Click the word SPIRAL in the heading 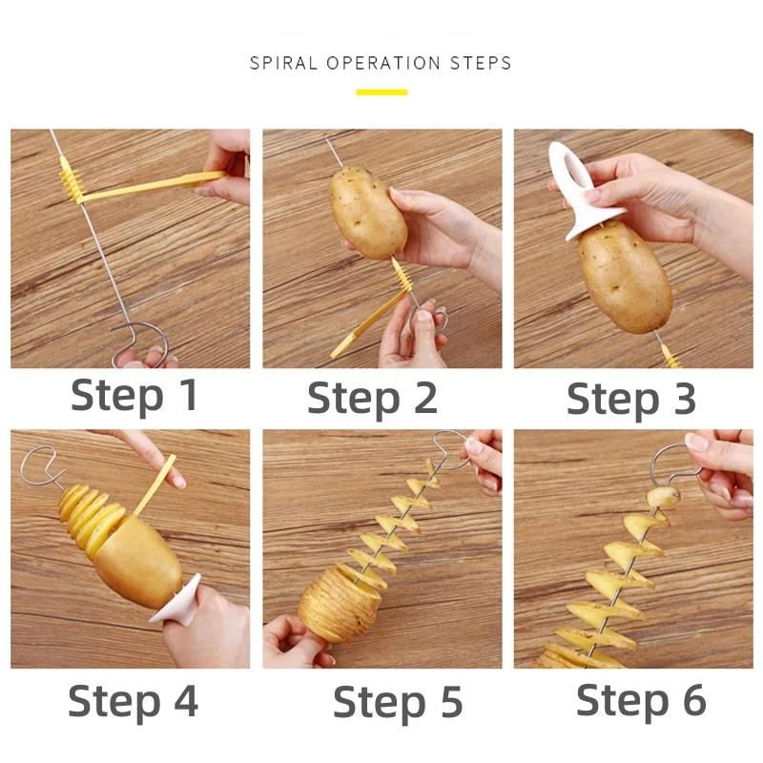click(284, 64)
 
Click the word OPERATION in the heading click(386, 64)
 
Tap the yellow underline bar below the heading click(381, 93)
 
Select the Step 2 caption click(372, 397)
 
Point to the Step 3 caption click(631, 398)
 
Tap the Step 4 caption click(133, 701)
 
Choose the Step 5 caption click(398, 703)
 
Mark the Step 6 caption click(641, 700)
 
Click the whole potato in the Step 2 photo click(368, 212)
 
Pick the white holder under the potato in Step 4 click(181, 601)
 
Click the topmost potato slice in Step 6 click(664, 497)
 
